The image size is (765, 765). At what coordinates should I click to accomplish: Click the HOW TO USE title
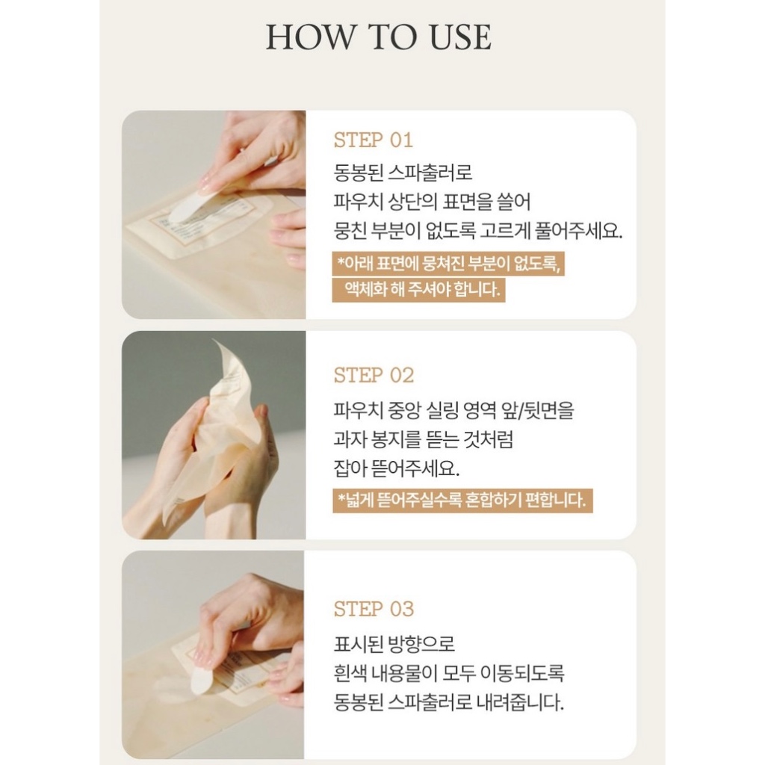[378, 37]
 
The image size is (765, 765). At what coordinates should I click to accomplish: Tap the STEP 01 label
[374, 140]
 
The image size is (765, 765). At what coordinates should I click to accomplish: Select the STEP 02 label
[374, 376]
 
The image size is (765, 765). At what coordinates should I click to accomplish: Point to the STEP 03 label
[374, 610]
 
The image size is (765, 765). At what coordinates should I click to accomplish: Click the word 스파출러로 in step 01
[431, 173]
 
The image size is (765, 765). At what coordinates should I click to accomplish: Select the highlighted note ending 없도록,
[448, 264]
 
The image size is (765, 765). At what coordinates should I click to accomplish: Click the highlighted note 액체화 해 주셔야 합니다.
[418, 289]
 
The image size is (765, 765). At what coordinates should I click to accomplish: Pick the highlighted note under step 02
[462, 501]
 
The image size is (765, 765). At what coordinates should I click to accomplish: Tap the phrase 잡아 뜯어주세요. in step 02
[397, 469]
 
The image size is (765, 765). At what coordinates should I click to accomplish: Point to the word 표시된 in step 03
[357, 644]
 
